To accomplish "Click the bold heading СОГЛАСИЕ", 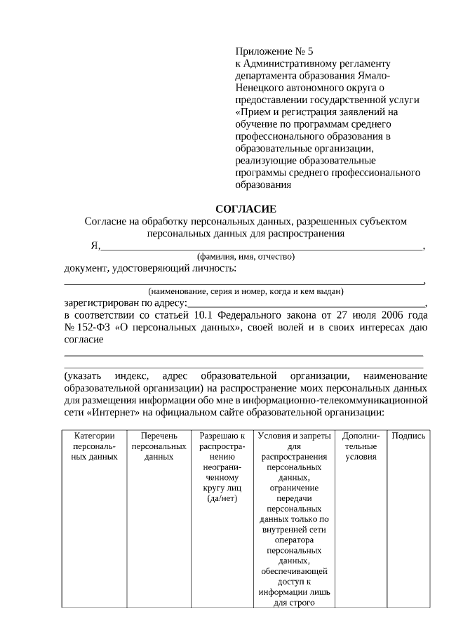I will pos(246,209).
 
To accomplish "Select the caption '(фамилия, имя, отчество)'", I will pos(246,257).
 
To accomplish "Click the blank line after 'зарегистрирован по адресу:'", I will pos(305,304).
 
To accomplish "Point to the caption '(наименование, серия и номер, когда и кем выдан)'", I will pos(245,291).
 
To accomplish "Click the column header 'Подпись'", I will pos(408,436).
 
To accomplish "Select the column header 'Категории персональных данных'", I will pos(94,446).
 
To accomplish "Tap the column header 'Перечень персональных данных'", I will pos(159,446).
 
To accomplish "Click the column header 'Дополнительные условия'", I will pos(361,446).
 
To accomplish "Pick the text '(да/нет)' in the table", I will pos(222,499).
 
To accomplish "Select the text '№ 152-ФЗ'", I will pos(86,328).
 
